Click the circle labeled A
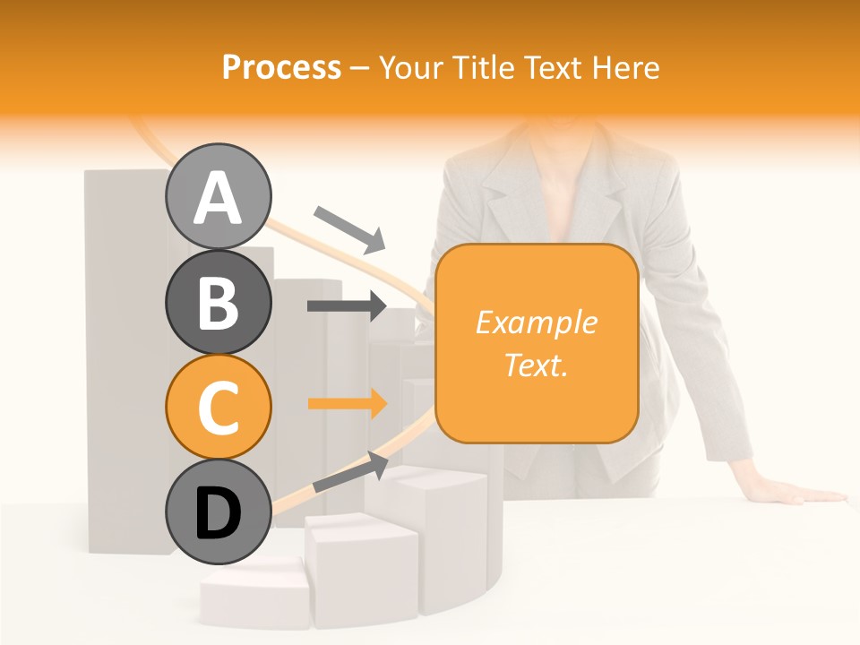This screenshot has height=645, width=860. [219, 196]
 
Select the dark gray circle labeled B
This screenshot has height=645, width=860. [219, 302]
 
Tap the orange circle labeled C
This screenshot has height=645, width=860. [219, 407]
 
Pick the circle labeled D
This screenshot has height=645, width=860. [219, 512]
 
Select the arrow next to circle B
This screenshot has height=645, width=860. [347, 306]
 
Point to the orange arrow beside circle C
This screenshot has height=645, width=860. [347, 403]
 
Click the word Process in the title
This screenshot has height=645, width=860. [281, 67]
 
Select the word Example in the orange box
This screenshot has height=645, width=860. [537, 322]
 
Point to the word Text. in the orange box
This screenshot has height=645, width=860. [537, 365]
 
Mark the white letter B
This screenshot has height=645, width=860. [219, 303]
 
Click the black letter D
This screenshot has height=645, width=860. [219, 513]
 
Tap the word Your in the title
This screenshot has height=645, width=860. [408, 67]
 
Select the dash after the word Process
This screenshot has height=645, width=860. [360, 69]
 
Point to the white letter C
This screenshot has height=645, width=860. [219, 408]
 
